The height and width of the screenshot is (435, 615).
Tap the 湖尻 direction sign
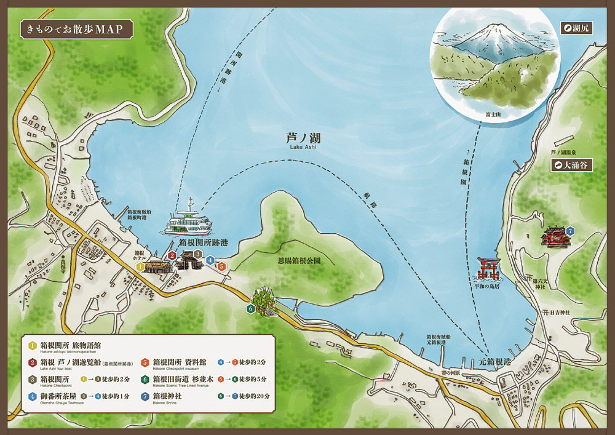(x=576, y=28)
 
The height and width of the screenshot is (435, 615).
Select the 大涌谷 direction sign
(x=571, y=165)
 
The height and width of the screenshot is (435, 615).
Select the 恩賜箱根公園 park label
(x=300, y=260)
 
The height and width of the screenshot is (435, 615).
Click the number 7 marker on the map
(x=570, y=230)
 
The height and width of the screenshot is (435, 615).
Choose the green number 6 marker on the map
(x=250, y=309)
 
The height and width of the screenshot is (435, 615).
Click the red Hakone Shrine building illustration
(x=552, y=236)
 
